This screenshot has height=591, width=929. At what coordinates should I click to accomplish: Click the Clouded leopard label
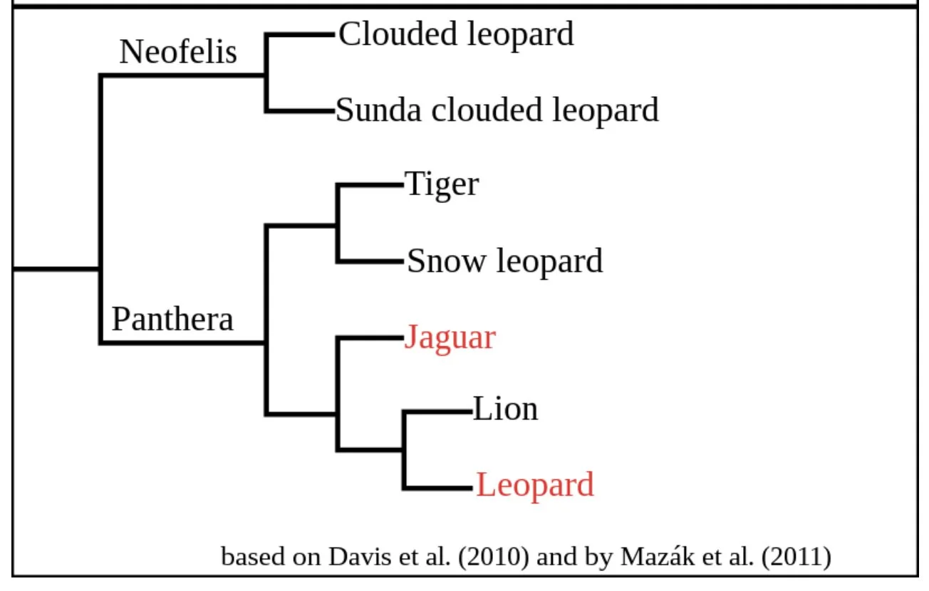tap(456, 34)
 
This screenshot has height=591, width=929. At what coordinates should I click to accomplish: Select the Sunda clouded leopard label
tap(497, 110)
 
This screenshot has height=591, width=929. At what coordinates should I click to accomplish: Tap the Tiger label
tap(442, 184)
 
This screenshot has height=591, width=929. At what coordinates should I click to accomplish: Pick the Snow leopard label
tap(504, 261)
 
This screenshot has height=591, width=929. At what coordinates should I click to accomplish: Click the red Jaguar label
tap(450, 337)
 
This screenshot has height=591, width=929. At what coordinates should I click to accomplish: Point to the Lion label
tap(505, 409)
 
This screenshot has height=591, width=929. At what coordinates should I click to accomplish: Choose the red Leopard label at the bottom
tap(534, 485)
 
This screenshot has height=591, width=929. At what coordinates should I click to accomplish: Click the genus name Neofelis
tap(178, 52)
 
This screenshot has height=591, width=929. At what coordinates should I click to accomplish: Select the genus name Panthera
tap(172, 319)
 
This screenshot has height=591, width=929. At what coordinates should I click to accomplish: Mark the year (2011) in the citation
tap(796, 556)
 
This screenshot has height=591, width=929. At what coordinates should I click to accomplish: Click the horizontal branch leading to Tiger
tap(370, 185)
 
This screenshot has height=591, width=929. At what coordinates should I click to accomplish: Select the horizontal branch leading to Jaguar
tap(370, 337)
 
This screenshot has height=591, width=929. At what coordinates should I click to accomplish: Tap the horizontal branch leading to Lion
tap(437, 411)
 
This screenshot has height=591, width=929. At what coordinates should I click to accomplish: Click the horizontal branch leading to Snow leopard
tap(370, 261)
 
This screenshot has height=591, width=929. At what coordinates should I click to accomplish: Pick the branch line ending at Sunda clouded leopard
tap(299, 111)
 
